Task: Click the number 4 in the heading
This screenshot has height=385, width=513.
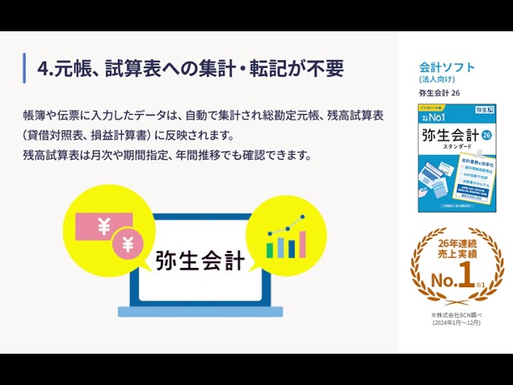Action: pyautogui.click(x=43, y=69)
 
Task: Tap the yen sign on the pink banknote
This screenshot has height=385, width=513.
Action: pyautogui.click(x=103, y=228)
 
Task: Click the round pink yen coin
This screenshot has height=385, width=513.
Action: pyautogui.click(x=127, y=244)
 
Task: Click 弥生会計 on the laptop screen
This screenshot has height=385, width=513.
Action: pyautogui.click(x=200, y=261)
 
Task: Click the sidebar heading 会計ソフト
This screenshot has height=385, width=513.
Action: pyautogui.click(x=446, y=67)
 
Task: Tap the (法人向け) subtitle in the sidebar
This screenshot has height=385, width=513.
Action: pyautogui.click(x=437, y=79)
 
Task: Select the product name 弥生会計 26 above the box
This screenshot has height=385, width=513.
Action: pyautogui.click(x=439, y=93)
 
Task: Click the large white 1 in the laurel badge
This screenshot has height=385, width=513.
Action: pyautogui.click(x=465, y=277)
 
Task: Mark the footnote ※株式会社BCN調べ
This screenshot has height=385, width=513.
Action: pyautogui.click(x=456, y=315)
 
